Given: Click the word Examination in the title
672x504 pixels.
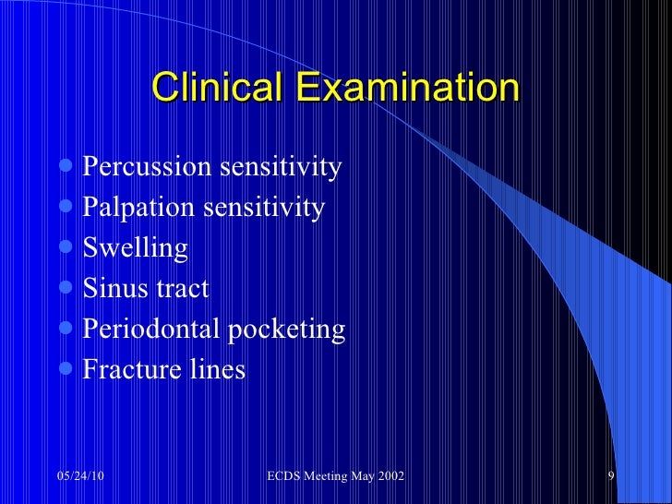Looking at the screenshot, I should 407,89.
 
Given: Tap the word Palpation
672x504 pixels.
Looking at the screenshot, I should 133,208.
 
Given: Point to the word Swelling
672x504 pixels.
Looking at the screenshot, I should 136,249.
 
